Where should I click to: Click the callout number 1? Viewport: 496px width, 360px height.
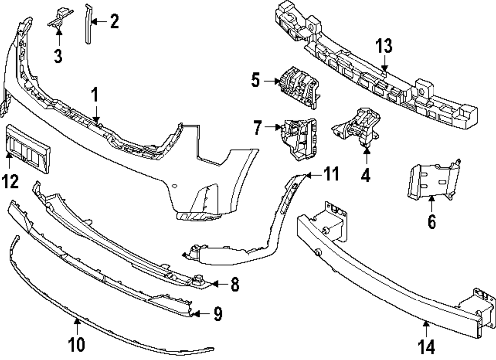94,94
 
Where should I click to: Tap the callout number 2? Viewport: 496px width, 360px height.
114,22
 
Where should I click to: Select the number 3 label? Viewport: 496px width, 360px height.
58,56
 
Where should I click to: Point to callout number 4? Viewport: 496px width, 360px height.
366,176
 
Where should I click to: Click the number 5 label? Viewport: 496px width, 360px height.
255,80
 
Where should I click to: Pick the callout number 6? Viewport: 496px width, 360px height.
432,221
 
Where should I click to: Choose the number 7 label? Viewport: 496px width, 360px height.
257,128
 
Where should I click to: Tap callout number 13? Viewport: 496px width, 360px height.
384,46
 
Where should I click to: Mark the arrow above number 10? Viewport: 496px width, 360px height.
77,324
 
